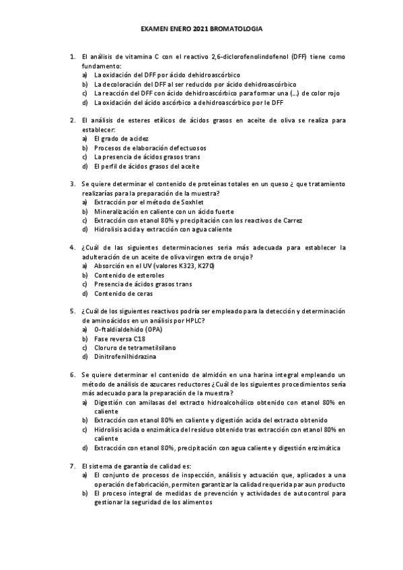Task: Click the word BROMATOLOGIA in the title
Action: pyautogui.click(x=235, y=30)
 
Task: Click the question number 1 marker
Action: pyautogui.click(x=72, y=57)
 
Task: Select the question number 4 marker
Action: pyautogui.click(x=72, y=247)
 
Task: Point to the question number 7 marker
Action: pyautogui.click(x=72, y=465)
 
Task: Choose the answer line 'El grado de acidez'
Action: pyautogui.click(x=121, y=138)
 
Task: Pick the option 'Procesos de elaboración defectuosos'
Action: pyautogui.click(x=150, y=147)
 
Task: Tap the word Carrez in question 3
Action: pyautogui.click(x=291, y=220)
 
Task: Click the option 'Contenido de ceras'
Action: pyautogui.click(x=123, y=293)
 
